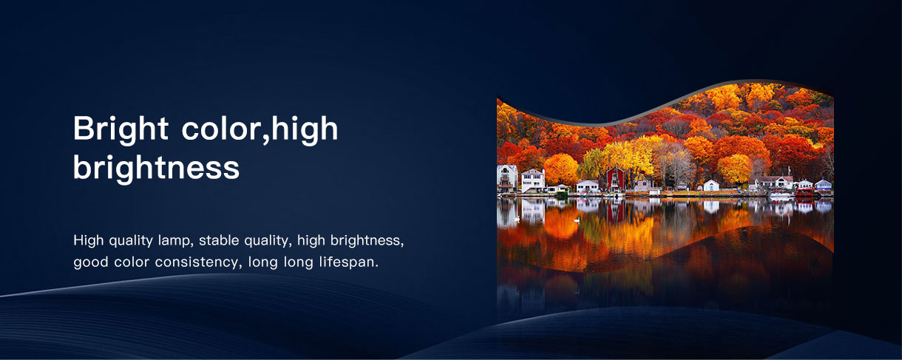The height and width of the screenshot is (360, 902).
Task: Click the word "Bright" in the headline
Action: tap(121, 129)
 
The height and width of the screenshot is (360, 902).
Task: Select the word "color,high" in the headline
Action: tap(260, 129)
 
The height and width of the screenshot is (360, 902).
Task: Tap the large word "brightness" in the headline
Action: tap(156, 168)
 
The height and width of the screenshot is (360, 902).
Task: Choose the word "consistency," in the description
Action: tap(199, 262)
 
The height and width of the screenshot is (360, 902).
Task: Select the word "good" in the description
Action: tap(91, 262)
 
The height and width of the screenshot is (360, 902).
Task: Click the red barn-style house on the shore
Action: tap(616, 179)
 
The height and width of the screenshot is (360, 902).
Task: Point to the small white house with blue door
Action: tap(711, 186)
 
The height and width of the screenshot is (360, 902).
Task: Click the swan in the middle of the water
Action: tap(577, 220)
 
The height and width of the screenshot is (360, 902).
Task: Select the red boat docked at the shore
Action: tap(804, 192)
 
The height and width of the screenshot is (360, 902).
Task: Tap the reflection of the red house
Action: tap(616, 211)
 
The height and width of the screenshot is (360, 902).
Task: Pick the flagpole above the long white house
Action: tap(789, 171)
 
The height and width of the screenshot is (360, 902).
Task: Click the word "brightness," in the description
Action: tap(367, 240)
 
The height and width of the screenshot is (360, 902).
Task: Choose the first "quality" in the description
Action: tap(131, 241)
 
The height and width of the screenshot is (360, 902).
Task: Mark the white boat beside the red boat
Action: tap(781, 194)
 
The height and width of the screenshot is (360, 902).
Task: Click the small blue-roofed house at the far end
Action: tap(823, 185)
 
